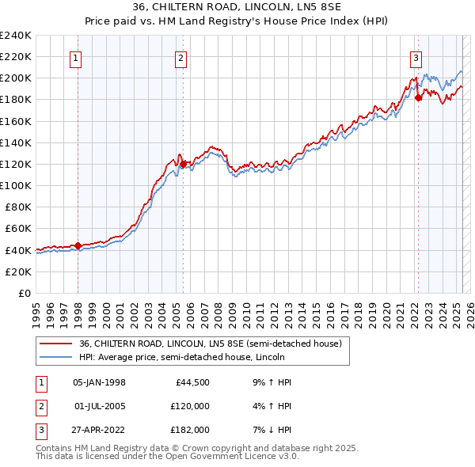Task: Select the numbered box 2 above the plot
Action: tap(180, 57)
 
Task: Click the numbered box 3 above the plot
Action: tap(416, 57)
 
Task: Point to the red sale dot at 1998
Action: tap(78, 245)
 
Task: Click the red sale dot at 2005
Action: tap(183, 164)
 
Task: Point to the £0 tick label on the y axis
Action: tap(24, 293)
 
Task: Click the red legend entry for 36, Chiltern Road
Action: tap(210, 344)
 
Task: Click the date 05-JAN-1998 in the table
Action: tap(99, 382)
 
